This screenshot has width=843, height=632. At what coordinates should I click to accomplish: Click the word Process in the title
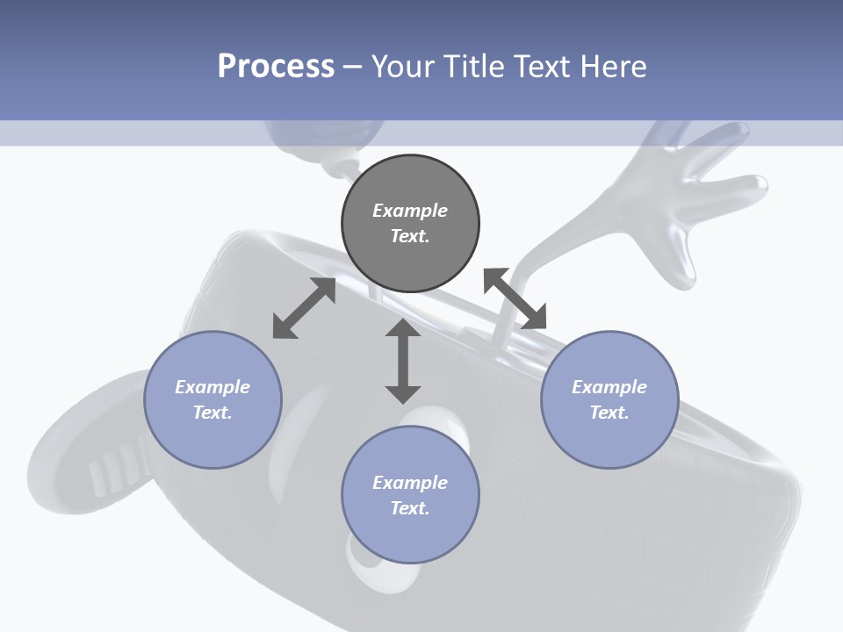click(276, 67)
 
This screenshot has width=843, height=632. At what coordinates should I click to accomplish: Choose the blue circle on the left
click(213, 399)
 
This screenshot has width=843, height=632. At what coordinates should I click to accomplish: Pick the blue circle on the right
click(609, 399)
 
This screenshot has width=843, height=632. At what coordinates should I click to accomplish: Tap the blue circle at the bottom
click(410, 495)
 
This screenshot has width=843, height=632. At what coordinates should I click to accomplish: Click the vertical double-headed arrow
click(403, 361)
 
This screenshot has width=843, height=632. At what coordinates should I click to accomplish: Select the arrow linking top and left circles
click(304, 308)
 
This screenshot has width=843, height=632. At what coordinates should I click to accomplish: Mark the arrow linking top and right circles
click(515, 298)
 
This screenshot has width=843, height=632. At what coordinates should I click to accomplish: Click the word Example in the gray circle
click(410, 211)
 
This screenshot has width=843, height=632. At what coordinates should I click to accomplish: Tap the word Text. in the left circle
click(213, 413)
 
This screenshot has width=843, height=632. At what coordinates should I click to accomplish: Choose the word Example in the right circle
click(609, 387)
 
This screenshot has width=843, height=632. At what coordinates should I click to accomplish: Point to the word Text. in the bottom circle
click(410, 508)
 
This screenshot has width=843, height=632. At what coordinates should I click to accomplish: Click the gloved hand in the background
click(702, 202)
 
